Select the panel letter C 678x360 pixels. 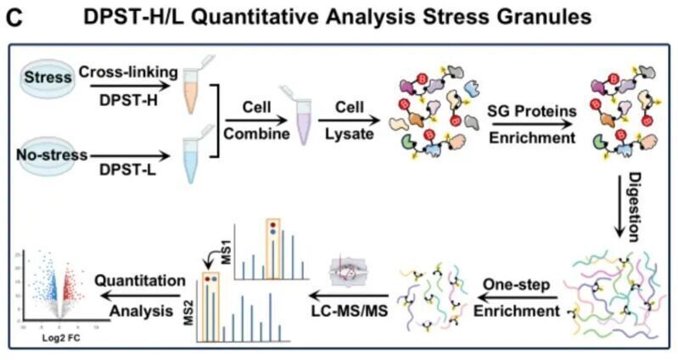(x=16, y=18)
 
